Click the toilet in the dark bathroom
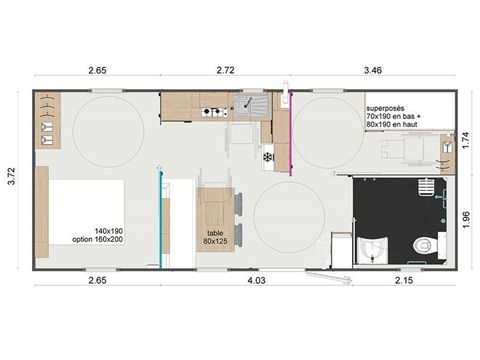[x=426, y=239]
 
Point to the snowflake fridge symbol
[x=267, y=156]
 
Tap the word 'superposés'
[x=386, y=108]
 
